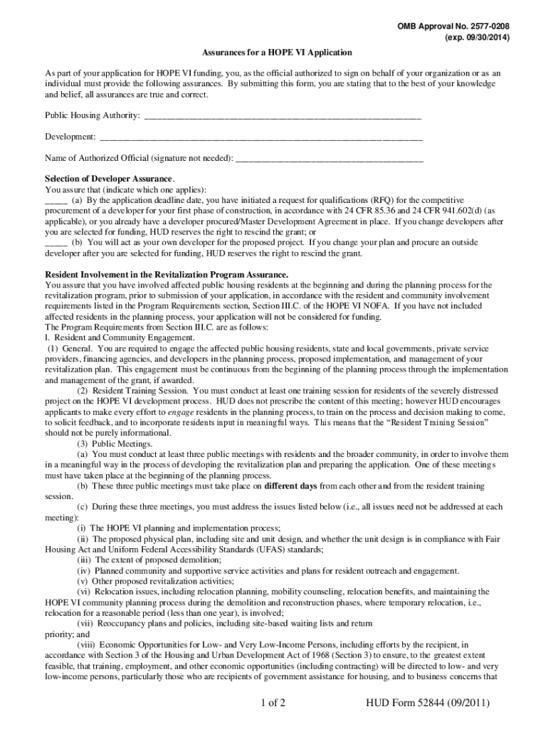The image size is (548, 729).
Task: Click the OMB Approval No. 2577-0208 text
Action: click(x=453, y=26)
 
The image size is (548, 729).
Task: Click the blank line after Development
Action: click(x=261, y=136)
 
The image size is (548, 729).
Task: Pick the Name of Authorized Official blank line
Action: click(x=329, y=157)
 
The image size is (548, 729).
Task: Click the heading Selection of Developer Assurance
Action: click(x=109, y=179)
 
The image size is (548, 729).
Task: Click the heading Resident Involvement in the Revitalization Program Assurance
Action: click(x=167, y=274)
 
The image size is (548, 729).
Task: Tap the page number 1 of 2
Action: click(x=273, y=705)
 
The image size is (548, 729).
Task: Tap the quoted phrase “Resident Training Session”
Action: click(x=437, y=422)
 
